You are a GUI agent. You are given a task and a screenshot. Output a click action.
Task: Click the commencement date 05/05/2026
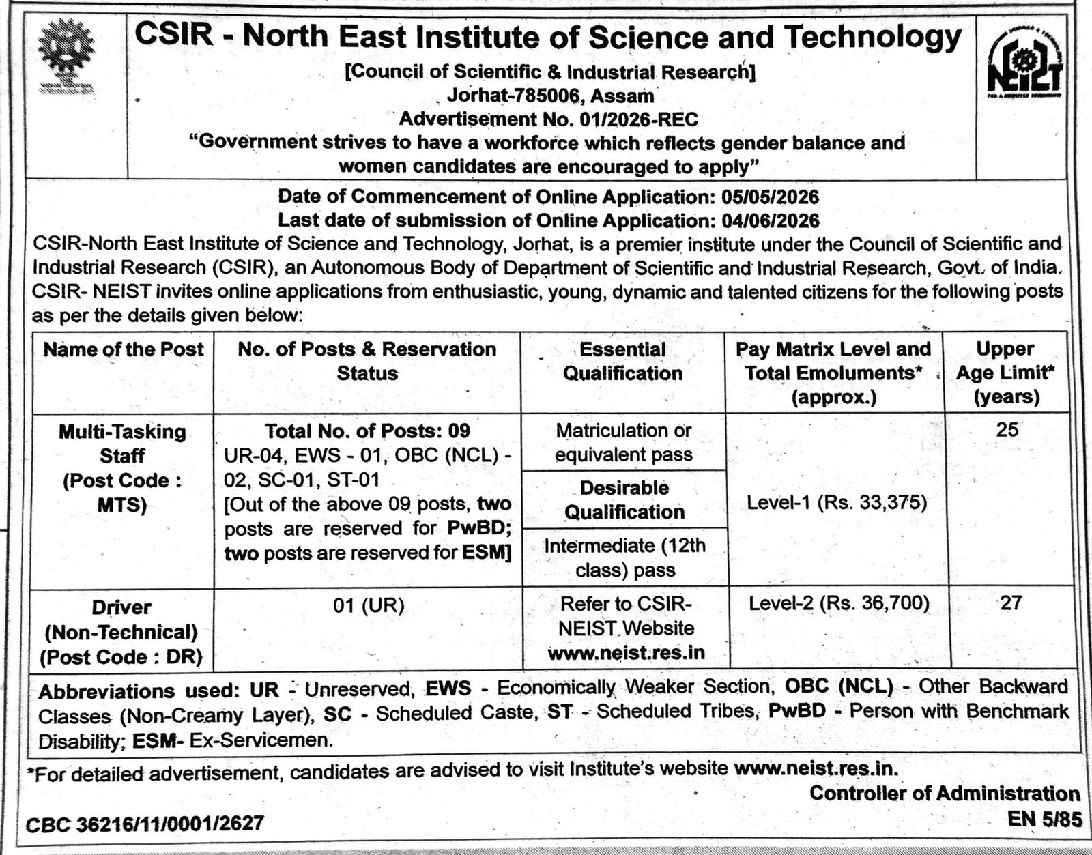tap(769, 197)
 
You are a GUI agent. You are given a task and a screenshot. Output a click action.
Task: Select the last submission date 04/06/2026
tap(770, 220)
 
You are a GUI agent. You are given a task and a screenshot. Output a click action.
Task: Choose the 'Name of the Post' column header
tap(124, 349)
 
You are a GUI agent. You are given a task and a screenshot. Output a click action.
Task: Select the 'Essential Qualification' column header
tap(622, 361)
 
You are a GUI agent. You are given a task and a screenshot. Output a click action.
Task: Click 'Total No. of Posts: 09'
tap(367, 431)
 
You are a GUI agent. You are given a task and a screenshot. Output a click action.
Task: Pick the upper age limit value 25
tap(1007, 429)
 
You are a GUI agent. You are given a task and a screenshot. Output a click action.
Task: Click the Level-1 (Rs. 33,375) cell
tap(837, 503)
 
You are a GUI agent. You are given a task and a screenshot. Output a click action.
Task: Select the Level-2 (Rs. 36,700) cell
tap(839, 603)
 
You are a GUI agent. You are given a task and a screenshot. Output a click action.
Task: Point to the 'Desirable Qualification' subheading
tap(624, 500)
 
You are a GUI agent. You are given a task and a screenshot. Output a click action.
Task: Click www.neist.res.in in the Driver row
tap(626, 652)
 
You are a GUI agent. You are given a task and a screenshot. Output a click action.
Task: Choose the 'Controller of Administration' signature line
tap(945, 794)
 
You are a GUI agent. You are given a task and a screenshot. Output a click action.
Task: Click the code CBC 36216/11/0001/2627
tap(145, 824)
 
